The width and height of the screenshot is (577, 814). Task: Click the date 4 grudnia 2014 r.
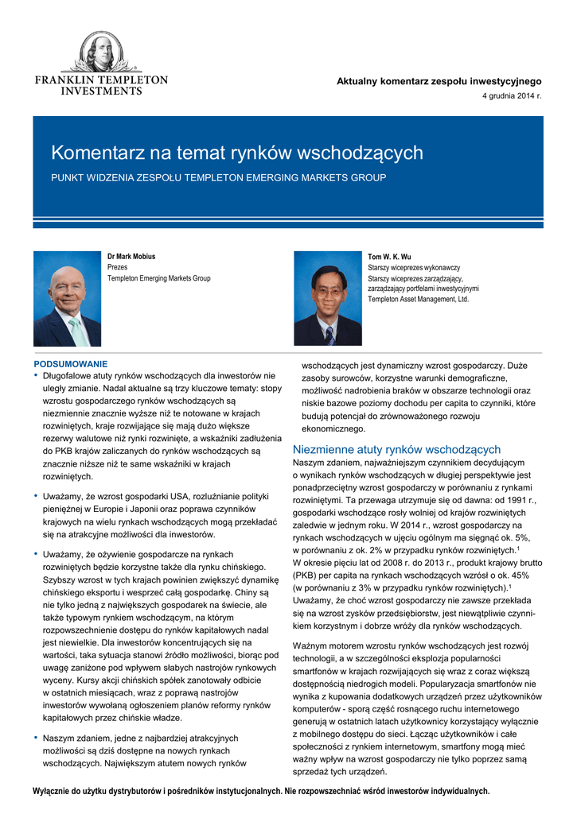coord(512,96)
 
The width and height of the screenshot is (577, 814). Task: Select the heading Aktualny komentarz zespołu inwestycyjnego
coord(439,81)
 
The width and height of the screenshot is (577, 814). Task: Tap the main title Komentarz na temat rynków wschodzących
coord(237,153)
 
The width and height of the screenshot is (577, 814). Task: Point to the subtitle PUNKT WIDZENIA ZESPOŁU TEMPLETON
coord(219,177)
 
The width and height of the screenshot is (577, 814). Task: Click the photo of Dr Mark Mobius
coord(67,298)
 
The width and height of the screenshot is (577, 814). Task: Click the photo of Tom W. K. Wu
coord(328,298)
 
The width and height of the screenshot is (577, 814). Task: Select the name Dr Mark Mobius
coord(131,257)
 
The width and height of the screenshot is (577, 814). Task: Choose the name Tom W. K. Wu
coord(389,257)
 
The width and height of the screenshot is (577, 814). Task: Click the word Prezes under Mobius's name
coord(117,268)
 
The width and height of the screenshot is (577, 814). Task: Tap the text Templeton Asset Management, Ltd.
coord(418,300)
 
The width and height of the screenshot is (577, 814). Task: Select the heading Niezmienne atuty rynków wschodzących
coord(396,449)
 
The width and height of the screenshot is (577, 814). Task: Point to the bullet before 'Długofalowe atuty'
coord(36,375)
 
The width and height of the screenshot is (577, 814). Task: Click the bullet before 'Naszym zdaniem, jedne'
coord(36,737)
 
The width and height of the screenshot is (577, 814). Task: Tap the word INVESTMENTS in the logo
coord(101,91)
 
